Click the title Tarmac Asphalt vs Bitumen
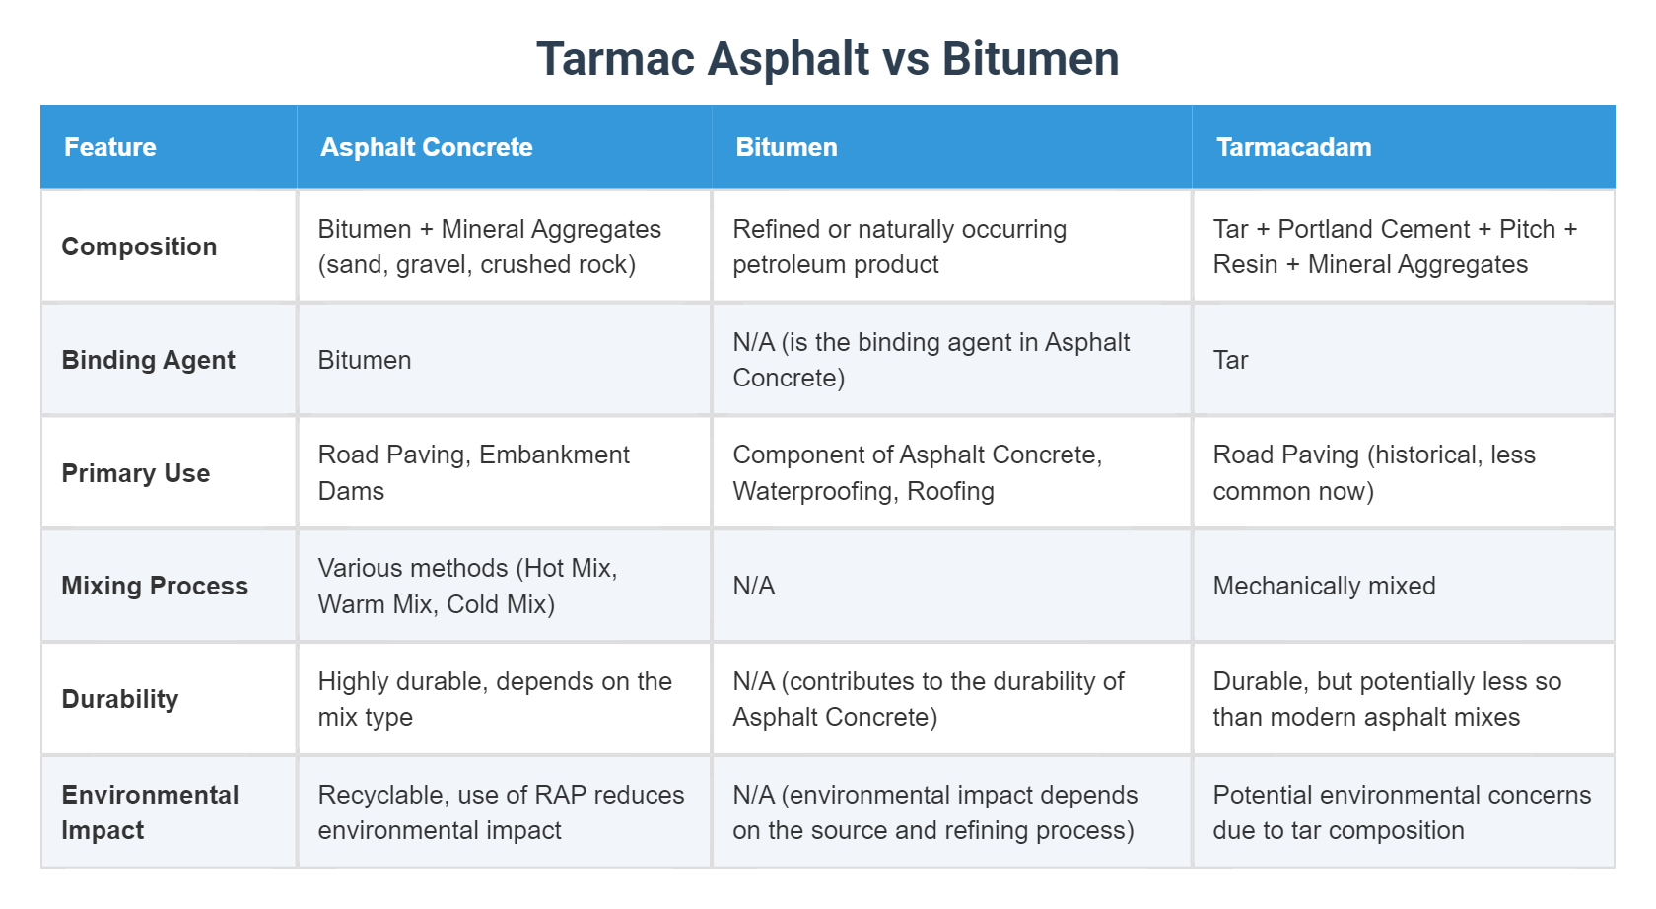pyautogui.click(x=827, y=59)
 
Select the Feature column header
pyautogui.click(x=110, y=147)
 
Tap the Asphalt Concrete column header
pyautogui.click(x=426, y=147)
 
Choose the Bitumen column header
pyautogui.click(x=786, y=147)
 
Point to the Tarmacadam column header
pyautogui.click(x=1293, y=147)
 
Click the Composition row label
pyautogui.click(x=139, y=246)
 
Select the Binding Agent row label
pyautogui.click(x=148, y=360)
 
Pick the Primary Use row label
pyautogui.click(x=135, y=473)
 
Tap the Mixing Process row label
pyautogui.click(x=154, y=586)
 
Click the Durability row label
pyautogui.click(x=119, y=699)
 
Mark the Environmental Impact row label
pyautogui.click(x=149, y=812)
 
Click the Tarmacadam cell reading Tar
pyautogui.click(x=1230, y=360)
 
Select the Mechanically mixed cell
pyautogui.click(x=1324, y=586)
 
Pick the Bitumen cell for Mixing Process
pyautogui.click(x=754, y=586)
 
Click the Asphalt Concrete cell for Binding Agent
pyautogui.click(x=365, y=360)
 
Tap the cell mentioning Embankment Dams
pyautogui.click(x=473, y=473)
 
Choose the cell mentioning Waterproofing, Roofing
pyautogui.click(x=917, y=473)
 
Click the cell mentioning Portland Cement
pyautogui.click(x=1394, y=246)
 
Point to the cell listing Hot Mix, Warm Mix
pyautogui.click(x=467, y=586)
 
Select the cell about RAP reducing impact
pyautogui.click(x=501, y=812)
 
